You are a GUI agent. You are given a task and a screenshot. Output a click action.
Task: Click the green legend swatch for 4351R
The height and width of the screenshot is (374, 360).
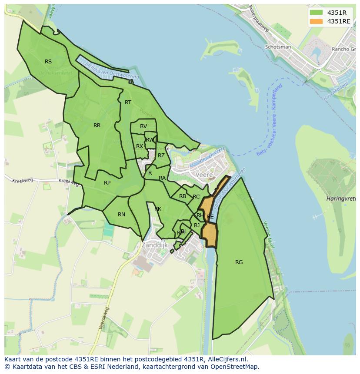[x=316, y=13]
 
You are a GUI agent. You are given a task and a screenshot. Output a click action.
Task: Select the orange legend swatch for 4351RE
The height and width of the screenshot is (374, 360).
[x=316, y=21]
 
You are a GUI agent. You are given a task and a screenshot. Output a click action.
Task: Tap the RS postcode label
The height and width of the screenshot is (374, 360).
[x=48, y=62]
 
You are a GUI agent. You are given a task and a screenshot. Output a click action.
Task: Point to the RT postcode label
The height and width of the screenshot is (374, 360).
[x=128, y=103]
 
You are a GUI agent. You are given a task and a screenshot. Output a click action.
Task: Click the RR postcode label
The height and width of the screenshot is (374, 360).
[x=97, y=126]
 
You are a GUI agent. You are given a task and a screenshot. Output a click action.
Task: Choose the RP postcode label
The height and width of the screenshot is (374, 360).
[x=107, y=183]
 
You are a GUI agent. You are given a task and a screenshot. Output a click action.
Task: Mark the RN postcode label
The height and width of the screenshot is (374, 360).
[x=121, y=215]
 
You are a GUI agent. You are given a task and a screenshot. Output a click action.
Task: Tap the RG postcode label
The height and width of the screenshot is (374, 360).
[x=239, y=262]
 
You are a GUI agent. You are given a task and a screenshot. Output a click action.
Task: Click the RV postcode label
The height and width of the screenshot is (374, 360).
[x=143, y=126]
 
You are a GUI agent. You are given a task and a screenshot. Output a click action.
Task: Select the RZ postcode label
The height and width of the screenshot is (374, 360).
[x=161, y=156]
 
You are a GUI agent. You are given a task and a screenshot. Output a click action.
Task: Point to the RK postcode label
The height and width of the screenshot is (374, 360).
[x=158, y=209]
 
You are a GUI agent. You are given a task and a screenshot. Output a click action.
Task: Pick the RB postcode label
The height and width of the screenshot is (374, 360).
[x=183, y=196]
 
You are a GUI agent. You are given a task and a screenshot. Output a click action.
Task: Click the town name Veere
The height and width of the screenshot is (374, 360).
[x=204, y=175]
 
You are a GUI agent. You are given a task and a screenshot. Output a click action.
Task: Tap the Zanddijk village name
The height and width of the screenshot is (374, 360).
[x=155, y=245]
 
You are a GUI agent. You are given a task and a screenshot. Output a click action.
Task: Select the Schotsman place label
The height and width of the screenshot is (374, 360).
[x=278, y=47]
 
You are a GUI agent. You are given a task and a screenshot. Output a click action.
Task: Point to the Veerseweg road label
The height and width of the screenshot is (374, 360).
[x=105, y=318]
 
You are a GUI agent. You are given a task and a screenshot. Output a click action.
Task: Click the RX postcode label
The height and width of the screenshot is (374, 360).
[x=140, y=146]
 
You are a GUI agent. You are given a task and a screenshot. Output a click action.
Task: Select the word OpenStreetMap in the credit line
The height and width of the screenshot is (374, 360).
[x=237, y=367]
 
